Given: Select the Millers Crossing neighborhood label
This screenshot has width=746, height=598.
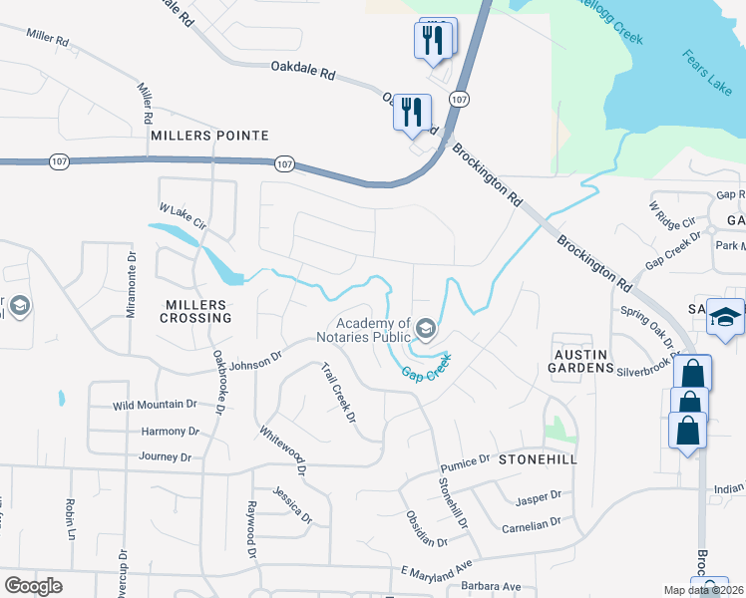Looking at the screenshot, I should [195, 318].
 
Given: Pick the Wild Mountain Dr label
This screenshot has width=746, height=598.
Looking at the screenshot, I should [155, 405].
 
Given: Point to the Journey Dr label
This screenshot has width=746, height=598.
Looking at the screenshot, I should [166, 456].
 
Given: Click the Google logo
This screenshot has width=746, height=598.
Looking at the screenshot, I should [33, 585].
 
